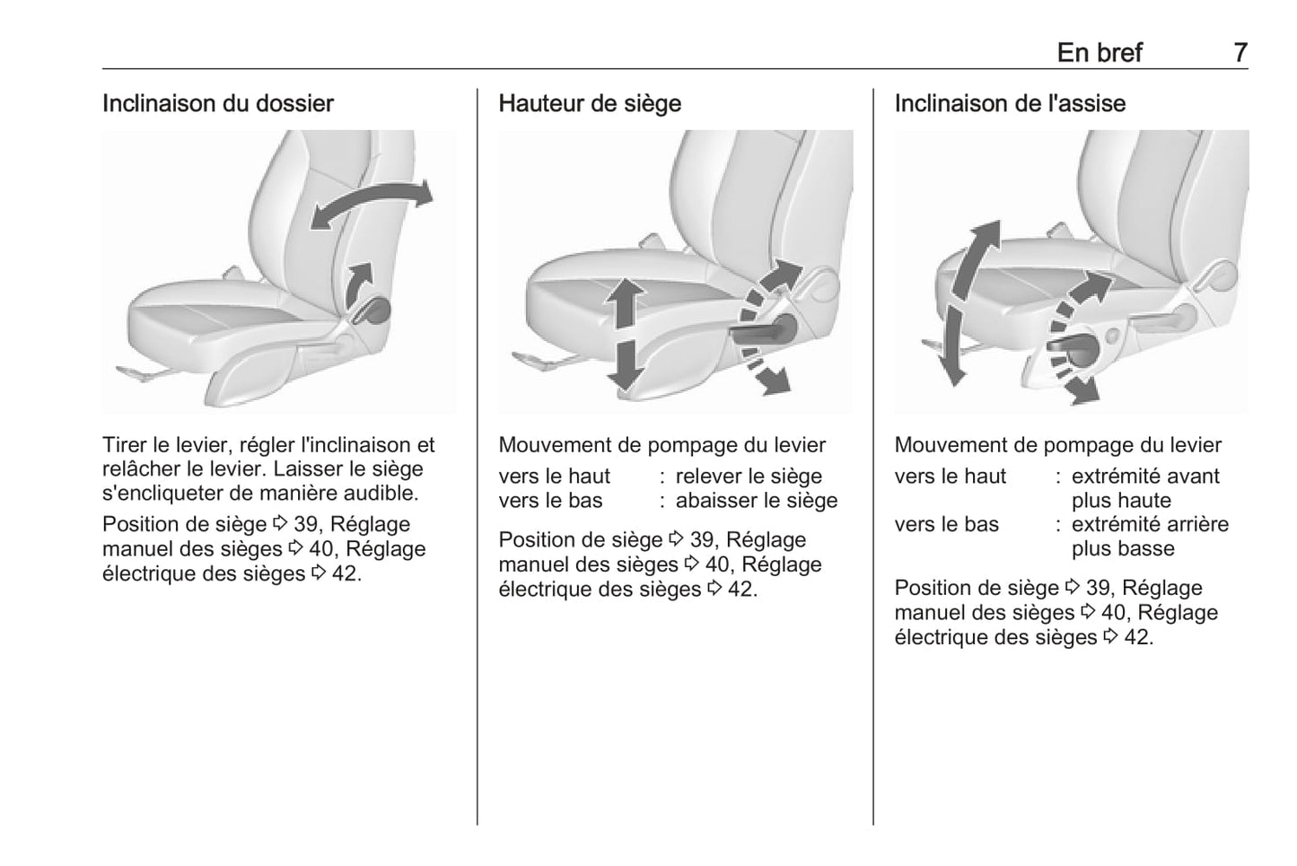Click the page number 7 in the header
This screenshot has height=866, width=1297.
(1240, 53)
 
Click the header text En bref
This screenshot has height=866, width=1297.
(1099, 53)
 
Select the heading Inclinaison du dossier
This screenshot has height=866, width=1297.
(217, 103)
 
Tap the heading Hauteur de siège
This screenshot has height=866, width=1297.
(590, 103)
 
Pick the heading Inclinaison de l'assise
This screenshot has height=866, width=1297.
(1010, 103)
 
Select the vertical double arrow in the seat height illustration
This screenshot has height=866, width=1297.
(624, 332)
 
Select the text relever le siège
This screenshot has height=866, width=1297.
(749, 477)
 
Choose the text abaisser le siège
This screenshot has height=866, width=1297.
(756, 501)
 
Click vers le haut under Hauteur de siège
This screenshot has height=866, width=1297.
(554, 477)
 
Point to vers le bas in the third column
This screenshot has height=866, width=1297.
(946, 525)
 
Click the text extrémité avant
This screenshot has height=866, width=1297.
(1145, 477)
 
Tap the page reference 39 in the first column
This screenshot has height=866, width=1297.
(306, 525)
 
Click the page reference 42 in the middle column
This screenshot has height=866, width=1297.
(741, 590)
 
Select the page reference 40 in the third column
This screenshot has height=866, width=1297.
(1114, 613)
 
